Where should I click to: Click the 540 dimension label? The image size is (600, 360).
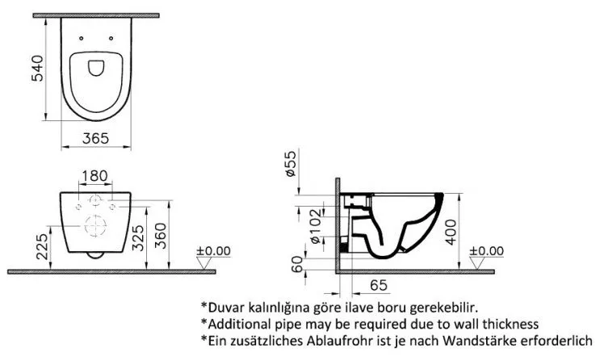37,68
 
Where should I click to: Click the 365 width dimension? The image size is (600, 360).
95,138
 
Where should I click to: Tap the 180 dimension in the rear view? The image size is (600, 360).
94,176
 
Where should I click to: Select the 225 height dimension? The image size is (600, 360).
43,246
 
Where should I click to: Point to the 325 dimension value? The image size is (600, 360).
138,237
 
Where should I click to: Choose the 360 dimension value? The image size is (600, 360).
161,236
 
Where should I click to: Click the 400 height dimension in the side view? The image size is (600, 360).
451,232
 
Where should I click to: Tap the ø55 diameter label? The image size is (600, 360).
291,163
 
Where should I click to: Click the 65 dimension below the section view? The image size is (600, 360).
379,285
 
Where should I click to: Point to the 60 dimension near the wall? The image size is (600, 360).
297,264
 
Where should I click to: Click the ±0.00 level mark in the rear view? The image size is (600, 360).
213,251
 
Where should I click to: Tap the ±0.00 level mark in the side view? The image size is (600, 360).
487,251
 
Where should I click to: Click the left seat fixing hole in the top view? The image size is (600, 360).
81,38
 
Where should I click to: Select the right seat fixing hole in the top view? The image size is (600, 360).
111,38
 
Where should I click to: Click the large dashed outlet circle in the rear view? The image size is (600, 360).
95,226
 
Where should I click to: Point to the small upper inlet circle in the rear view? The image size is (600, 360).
94,200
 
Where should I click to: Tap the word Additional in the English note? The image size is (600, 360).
240,324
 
